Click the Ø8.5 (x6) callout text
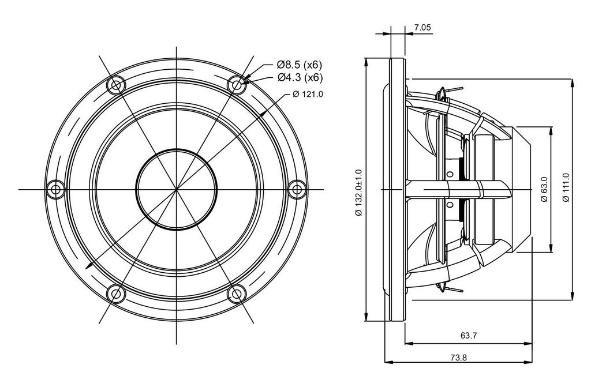tap(300, 65)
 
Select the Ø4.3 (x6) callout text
tap(300, 78)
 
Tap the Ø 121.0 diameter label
tap(308, 94)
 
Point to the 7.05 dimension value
tap(422, 27)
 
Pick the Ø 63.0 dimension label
tap(544, 189)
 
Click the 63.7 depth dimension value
tap(469, 335)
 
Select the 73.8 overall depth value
tap(458, 358)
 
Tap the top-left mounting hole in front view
tap(116, 85)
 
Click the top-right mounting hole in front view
tap(237, 85)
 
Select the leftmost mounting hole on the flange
tap(55, 189)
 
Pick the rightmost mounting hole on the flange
tap(297, 189)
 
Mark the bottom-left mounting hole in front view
tap(116, 294)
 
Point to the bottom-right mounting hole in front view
tap(237, 294)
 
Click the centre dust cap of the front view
tap(177, 189)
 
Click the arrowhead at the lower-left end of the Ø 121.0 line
tap(89, 265)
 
